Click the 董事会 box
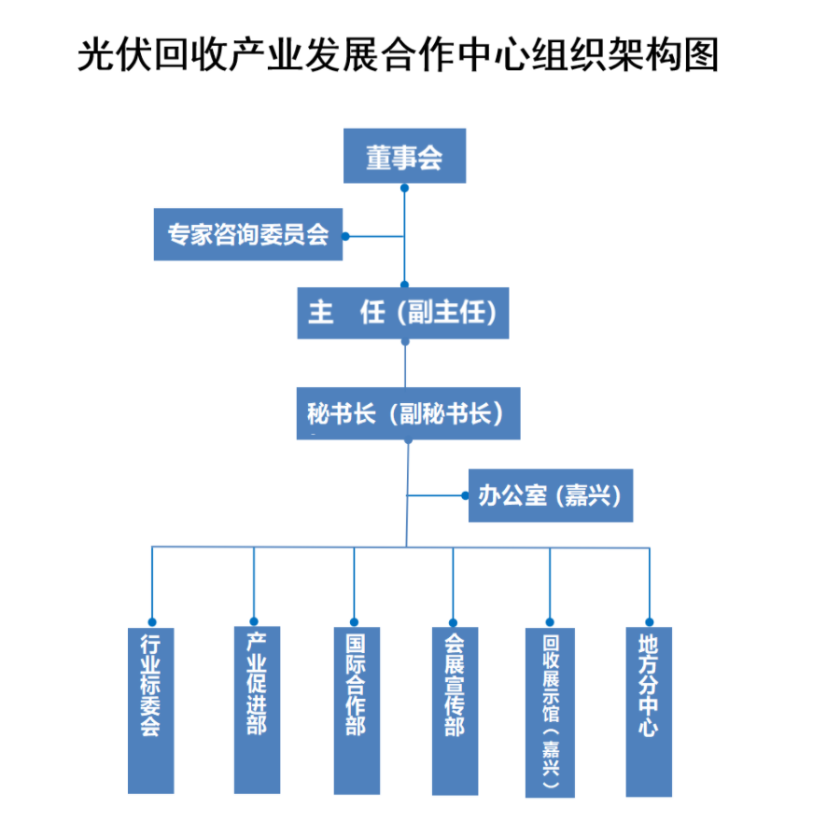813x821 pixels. (403, 158)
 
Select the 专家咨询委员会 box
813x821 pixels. (248, 234)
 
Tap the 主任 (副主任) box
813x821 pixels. (403, 313)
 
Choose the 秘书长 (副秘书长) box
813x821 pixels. (408, 412)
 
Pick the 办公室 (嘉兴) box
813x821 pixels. (550, 495)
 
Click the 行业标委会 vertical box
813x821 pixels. (150, 709)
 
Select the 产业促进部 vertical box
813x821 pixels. (257, 709)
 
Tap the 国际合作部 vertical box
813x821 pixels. (356, 709)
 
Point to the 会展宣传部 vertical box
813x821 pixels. (455, 709)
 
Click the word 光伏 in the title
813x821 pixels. (104, 55)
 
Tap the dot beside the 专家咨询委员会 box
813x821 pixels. (345, 236)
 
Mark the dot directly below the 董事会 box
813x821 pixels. (404, 188)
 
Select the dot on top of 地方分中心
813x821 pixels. (650, 621)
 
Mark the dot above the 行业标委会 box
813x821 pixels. (152, 621)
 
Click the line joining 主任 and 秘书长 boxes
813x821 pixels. (405, 363)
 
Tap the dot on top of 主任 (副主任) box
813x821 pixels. (405, 285)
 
